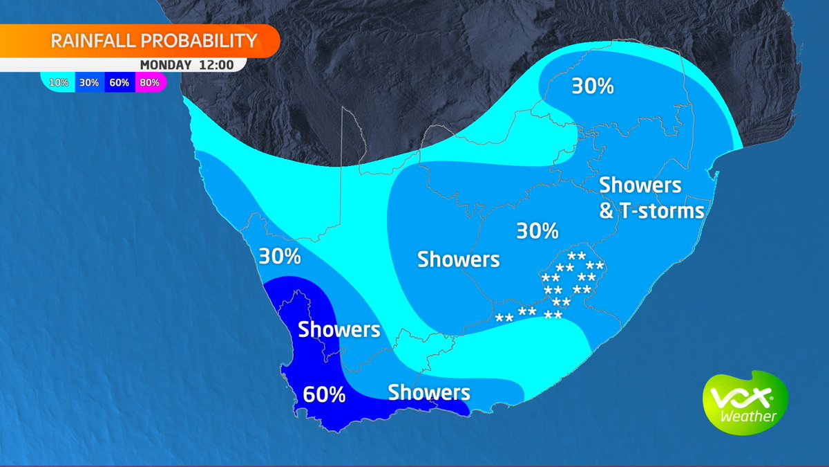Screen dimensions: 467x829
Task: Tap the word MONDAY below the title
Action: click(166, 65)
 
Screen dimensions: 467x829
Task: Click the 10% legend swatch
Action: click(59, 83)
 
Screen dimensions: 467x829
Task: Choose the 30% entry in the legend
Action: click(88, 83)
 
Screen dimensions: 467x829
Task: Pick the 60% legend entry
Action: click(119, 83)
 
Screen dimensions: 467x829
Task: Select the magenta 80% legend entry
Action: click(149, 83)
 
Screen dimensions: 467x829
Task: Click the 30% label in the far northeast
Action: click(593, 87)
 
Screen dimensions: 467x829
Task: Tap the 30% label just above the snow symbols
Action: click(537, 230)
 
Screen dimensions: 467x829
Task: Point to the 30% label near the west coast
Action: click(280, 257)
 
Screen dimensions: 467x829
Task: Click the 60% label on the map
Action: click(324, 395)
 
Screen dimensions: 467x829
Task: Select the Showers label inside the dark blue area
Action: click(339, 329)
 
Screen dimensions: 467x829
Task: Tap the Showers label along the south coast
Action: click(429, 392)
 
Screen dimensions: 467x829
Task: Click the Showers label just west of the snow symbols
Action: click(458, 259)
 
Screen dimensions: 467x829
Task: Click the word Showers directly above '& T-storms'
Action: click(640, 185)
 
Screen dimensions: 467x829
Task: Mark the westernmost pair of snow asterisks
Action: click(504, 318)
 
